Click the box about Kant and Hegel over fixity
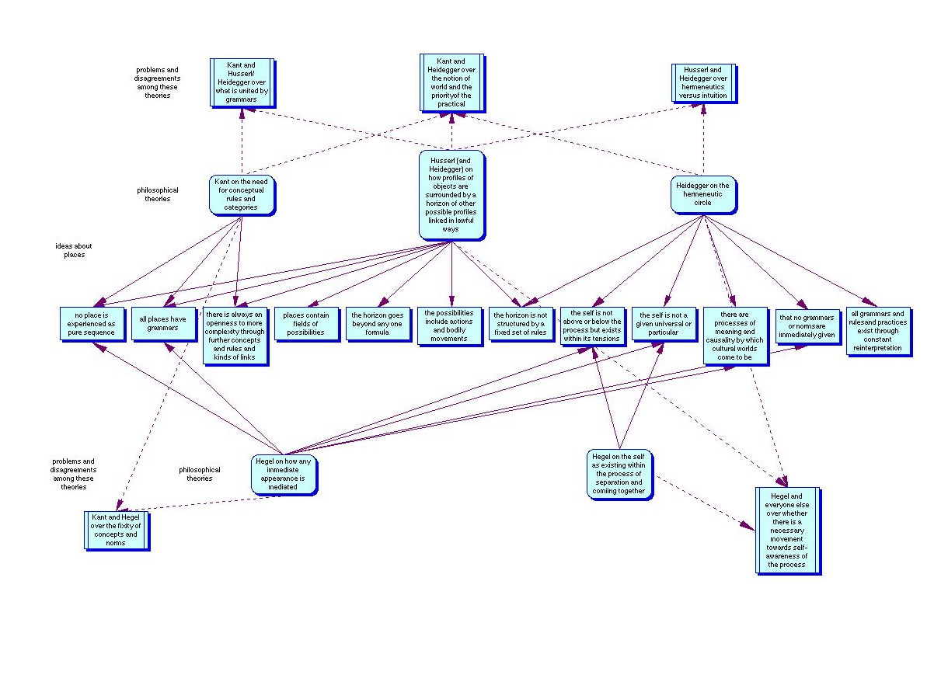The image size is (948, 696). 117,530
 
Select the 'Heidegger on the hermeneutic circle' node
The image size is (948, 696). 702,194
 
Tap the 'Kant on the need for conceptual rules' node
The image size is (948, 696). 243,195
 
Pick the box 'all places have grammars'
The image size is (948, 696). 162,323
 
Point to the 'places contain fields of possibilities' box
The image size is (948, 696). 305,323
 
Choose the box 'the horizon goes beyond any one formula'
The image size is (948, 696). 377,323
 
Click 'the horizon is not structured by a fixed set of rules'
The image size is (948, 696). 520,323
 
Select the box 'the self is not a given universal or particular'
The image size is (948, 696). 664,324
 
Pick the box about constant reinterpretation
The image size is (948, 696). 877,331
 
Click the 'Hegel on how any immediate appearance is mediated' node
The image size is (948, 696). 284,474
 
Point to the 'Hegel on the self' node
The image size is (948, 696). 619,473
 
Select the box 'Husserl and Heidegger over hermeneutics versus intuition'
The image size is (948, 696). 702,83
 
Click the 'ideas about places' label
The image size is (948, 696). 74,250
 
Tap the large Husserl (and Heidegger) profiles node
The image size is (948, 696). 451,194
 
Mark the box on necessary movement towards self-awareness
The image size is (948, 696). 786,530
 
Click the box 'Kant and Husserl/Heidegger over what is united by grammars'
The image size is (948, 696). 242,82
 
